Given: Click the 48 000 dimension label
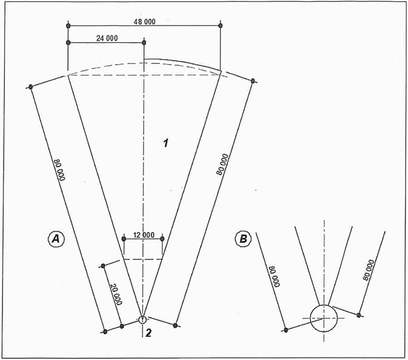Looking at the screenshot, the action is (x=145, y=22).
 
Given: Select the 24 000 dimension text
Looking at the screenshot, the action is (x=107, y=38).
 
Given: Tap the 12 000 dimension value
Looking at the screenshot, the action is (x=143, y=235).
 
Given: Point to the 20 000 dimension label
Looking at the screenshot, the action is (x=116, y=294).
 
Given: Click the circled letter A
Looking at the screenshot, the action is (x=56, y=239).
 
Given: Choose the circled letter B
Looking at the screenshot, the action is (x=243, y=239).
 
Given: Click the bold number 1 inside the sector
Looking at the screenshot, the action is (x=166, y=143).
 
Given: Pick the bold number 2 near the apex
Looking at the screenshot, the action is (x=148, y=333).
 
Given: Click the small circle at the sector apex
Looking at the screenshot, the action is (x=142, y=319).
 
